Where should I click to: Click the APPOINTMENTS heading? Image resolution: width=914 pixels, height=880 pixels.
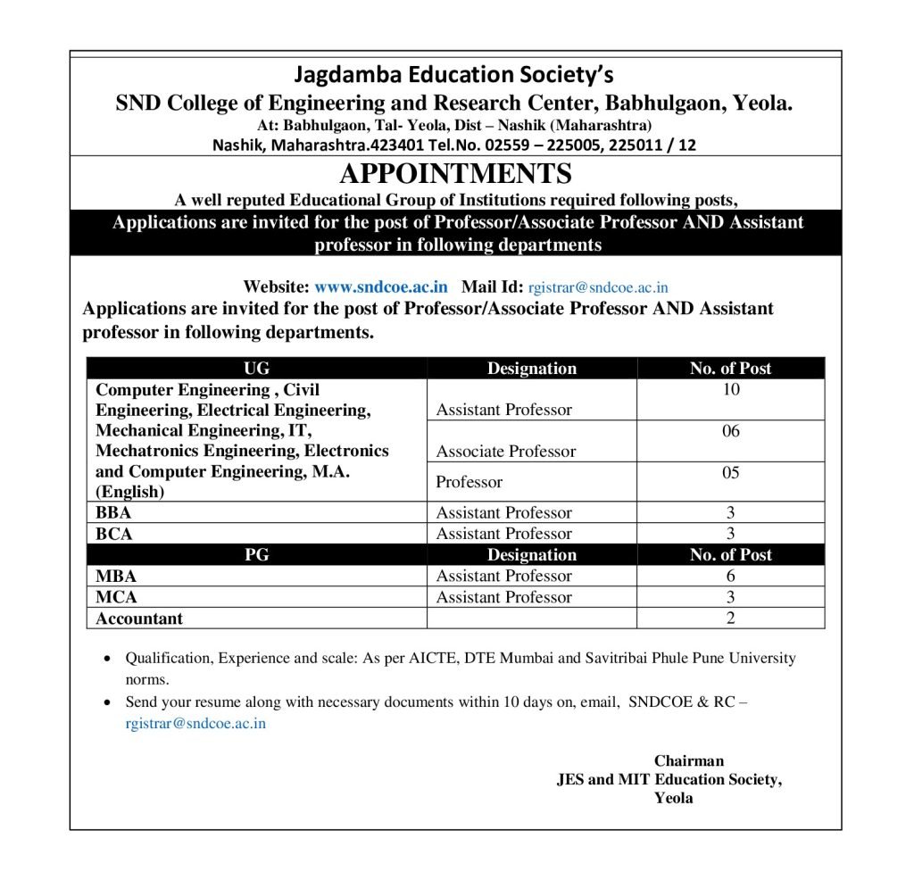455,173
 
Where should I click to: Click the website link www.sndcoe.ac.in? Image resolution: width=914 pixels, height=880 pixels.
381,287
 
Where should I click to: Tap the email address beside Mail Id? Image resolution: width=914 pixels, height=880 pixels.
598,287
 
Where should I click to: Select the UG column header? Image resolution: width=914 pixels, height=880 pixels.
256,368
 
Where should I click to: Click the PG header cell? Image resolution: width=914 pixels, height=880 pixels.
256,554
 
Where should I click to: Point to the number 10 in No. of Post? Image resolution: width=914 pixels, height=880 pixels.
731,389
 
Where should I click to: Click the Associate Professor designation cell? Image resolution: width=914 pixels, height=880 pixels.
506,452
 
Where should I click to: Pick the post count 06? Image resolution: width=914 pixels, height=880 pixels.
731,431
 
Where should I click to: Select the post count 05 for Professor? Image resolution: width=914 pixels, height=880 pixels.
731,473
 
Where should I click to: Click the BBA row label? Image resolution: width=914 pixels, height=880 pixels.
113,512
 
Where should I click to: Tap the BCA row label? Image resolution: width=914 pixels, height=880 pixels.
114,534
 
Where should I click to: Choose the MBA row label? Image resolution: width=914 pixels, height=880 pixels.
116,576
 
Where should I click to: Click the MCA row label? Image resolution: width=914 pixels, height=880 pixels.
116,597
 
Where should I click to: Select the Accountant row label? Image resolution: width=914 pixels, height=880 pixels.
139,618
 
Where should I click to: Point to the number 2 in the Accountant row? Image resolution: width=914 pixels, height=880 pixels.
731,618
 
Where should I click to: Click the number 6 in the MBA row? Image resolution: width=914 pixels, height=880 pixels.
731,576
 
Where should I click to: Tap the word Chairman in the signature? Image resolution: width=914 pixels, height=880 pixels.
689,761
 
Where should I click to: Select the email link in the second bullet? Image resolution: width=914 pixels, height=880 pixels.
195,724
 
